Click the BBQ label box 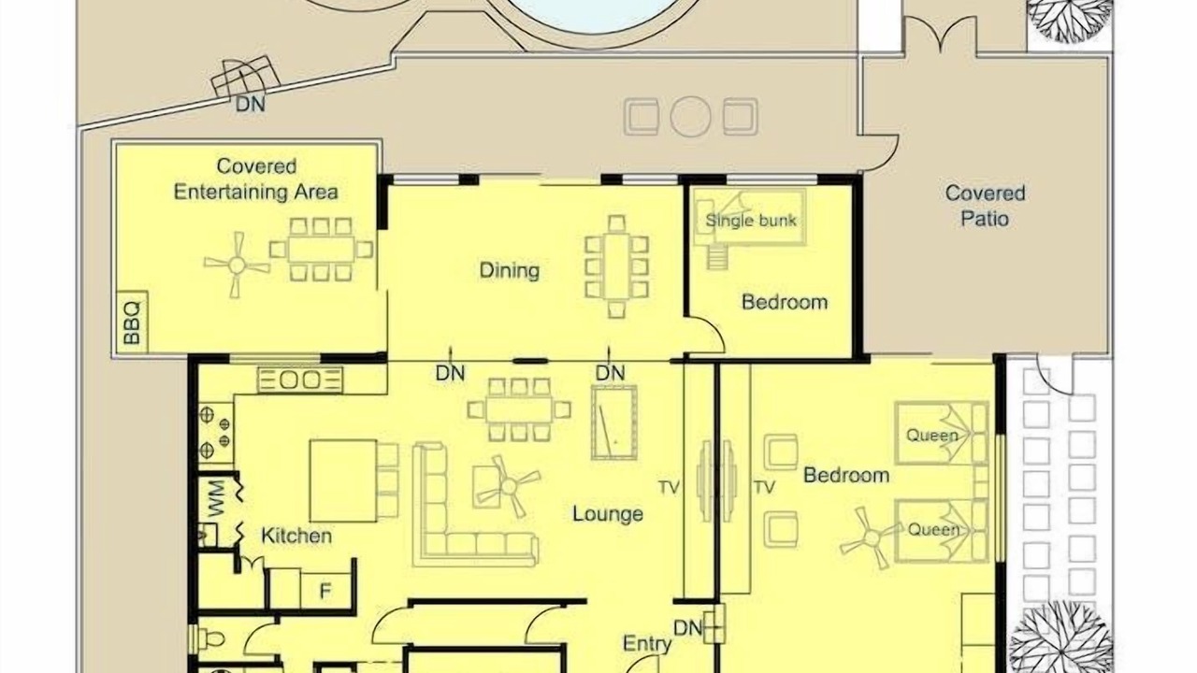click(132, 322)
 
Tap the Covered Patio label click(985, 206)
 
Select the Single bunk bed click(750, 218)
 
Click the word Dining click(510, 270)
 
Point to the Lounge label click(608, 514)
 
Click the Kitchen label click(296, 536)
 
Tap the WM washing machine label click(216, 498)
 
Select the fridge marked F click(325, 590)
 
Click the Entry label click(646, 644)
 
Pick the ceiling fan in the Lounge click(508, 486)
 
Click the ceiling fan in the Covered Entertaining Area click(237, 265)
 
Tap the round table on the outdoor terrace click(690, 117)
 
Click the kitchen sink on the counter click(300, 379)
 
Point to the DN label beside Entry click(687, 628)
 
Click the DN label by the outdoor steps click(250, 104)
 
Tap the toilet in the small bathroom click(208, 637)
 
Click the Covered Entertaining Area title click(256, 179)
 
